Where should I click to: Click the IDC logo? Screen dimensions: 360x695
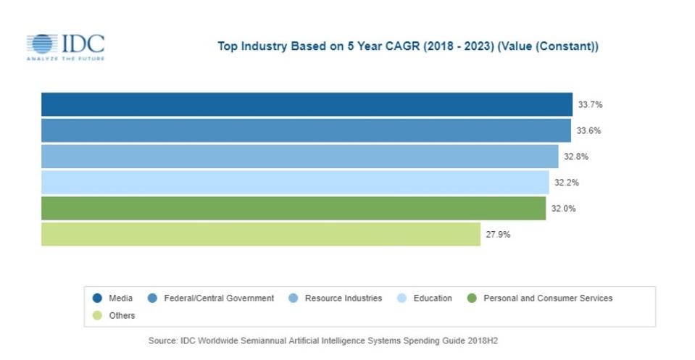65,45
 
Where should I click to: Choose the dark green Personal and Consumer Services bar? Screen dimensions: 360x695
294,209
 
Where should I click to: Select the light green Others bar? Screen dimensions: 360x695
261,235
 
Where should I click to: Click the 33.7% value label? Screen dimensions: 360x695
590,104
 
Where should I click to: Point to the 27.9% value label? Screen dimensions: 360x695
498,235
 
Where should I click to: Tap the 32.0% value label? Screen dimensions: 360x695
563,209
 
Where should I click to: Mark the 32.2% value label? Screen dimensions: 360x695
567,183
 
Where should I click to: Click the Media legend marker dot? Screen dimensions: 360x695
97,298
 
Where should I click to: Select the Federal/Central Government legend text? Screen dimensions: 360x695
219,298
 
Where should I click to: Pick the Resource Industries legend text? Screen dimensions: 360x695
343,298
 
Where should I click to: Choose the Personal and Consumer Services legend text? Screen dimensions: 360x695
548,298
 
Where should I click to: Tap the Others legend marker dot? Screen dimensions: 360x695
97,315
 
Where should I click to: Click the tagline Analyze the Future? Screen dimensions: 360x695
65,58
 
